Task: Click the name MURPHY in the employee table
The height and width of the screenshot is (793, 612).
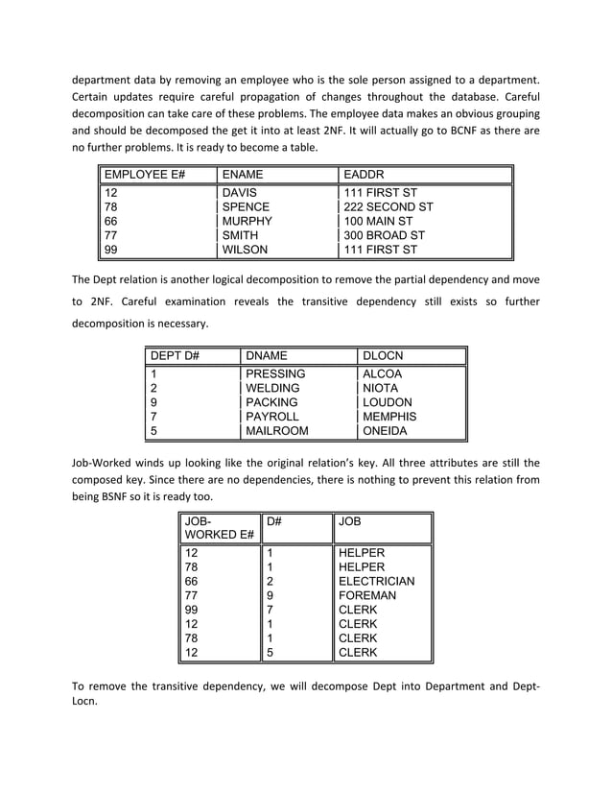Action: pyautogui.click(x=247, y=221)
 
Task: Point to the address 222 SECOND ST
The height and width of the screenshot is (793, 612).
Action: pyautogui.click(x=388, y=206)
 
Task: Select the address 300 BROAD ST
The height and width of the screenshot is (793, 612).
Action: pyautogui.click(x=384, y=235)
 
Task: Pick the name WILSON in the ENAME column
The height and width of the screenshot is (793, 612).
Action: pyautogui.click(x=245, y=250)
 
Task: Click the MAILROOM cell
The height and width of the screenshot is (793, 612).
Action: pyautogui.click(x=276, y=431)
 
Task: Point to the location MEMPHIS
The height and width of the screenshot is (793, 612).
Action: pyautogui.click(x=388, y=417)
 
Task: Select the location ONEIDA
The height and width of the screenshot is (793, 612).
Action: pyautogui.click(x=384, y=431)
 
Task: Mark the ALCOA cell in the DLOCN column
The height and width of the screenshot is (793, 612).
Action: pyautogui.click(x=382, y=373)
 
